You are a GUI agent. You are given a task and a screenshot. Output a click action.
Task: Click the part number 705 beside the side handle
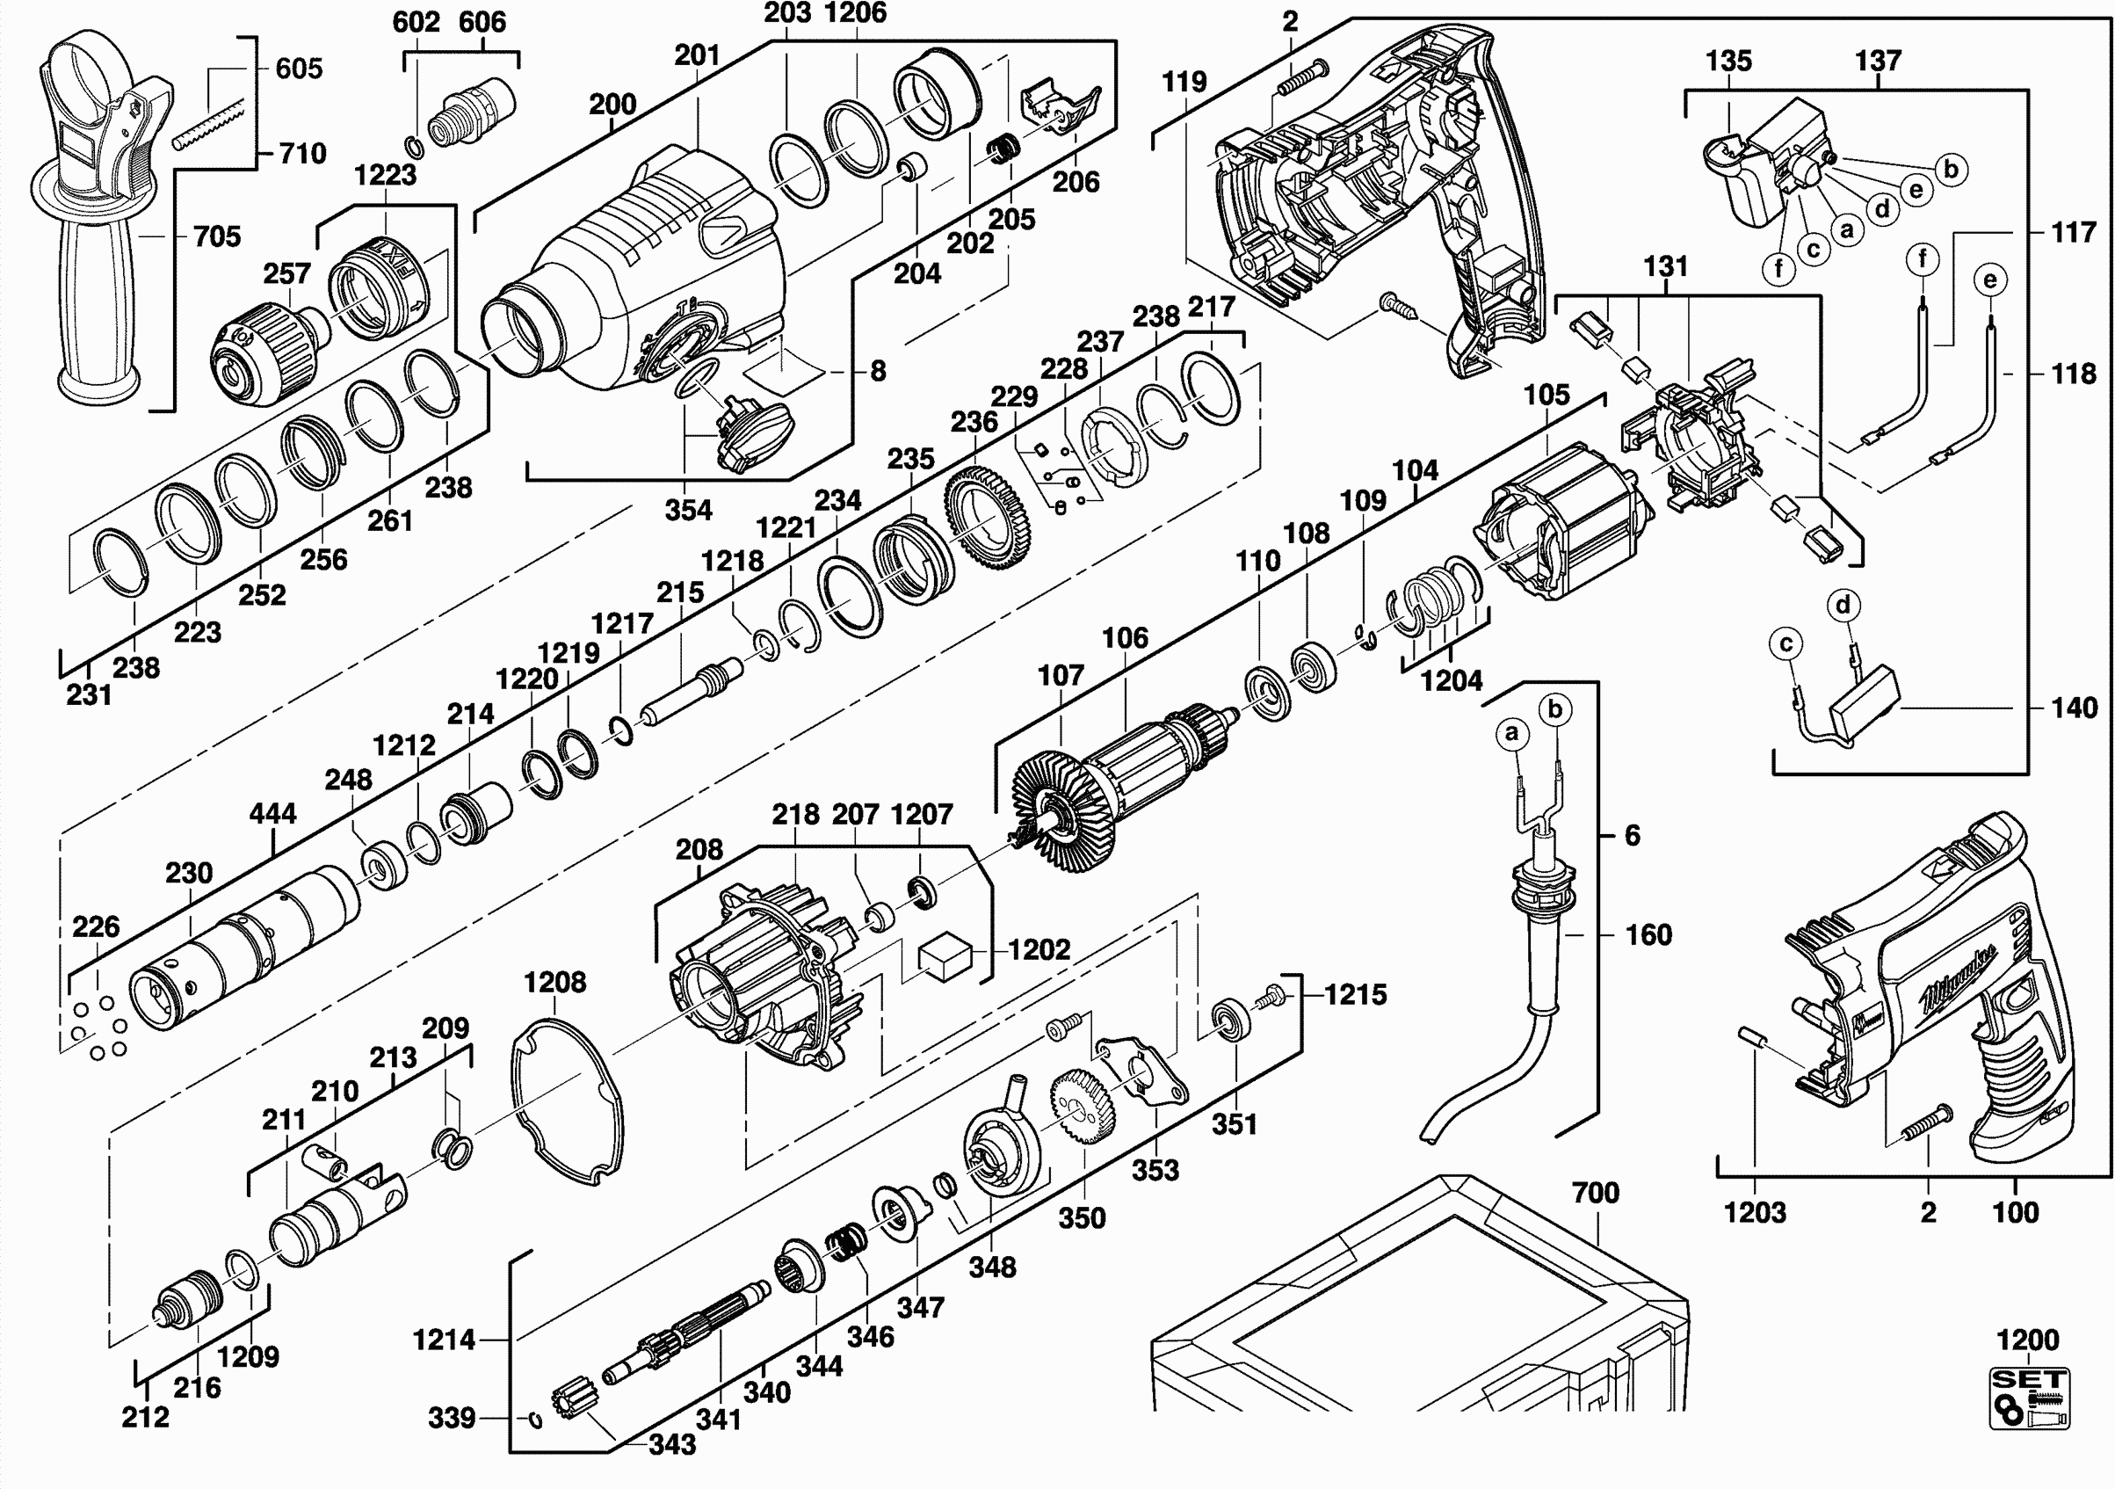coord(216,236)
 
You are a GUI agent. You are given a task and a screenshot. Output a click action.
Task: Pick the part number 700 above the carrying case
coord(1596,1194)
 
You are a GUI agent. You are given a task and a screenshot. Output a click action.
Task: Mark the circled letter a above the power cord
coord(1510,733)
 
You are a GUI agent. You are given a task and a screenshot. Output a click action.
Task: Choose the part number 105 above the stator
coord(1546,396)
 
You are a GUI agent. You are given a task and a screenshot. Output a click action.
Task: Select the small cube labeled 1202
coord(945,957)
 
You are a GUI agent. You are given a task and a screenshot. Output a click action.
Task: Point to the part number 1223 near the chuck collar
coord(385,174)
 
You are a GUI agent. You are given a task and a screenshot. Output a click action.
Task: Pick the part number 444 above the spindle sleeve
coord(272,814)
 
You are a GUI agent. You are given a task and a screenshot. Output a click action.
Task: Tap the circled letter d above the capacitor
coord(1843,606)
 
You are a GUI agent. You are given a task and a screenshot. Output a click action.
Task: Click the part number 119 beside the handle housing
coord(1184,82)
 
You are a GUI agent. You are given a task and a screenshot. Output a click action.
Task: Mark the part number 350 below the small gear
coord(1082,1218)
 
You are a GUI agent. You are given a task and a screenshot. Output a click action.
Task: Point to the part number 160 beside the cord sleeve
coord(1648,935)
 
